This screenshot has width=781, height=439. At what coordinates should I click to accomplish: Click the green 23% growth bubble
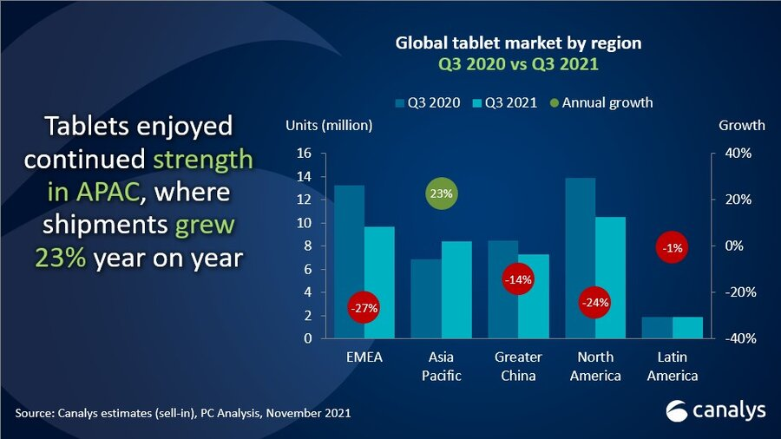[x=441, y=193]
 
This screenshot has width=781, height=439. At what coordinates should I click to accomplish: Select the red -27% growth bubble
[x=364, y=307]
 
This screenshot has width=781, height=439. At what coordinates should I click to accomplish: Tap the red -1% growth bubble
[x=673, y=248]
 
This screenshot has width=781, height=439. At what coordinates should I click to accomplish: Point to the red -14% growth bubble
[x=518, y=279]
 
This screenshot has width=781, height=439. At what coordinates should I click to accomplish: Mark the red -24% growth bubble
[x=595, y=303]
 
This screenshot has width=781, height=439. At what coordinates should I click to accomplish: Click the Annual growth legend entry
[x=601, y=102]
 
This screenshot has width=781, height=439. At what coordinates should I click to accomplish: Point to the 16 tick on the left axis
[x=304, y=153]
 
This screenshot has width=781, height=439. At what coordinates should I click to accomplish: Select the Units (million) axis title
[x=329, y=125]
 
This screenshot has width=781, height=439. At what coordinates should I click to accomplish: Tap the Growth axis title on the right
[x=741, y=125]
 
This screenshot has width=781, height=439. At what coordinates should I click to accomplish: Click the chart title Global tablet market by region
[x=518, y=42]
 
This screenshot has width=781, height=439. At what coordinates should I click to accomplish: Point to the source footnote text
[x=182, y=413]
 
